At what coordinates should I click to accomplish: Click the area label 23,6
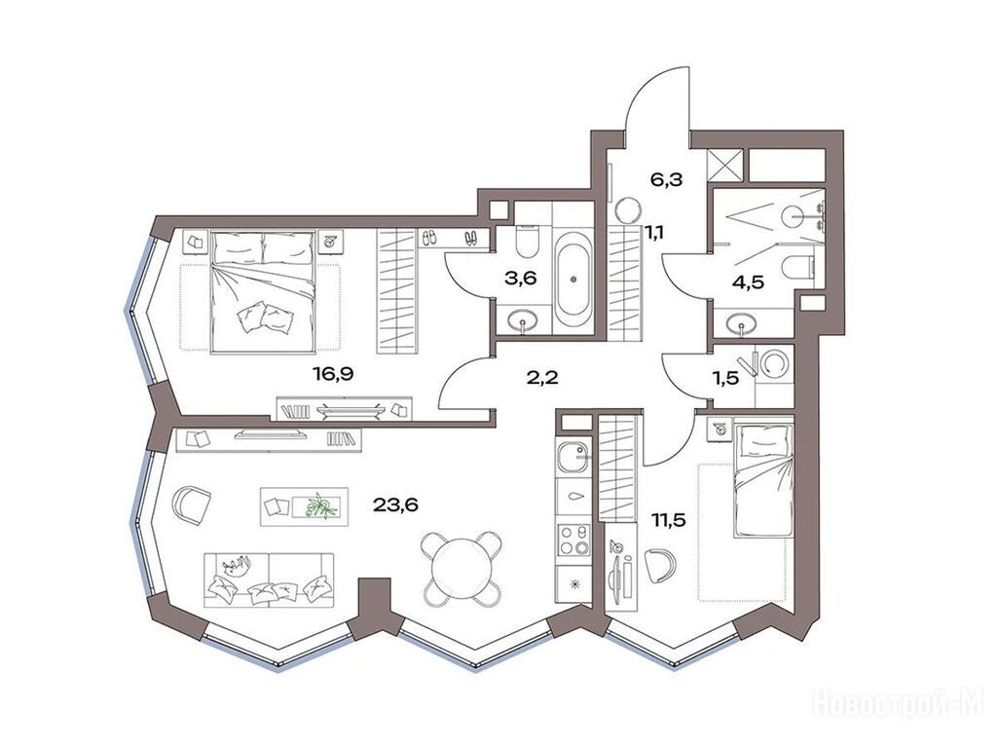[395, 506]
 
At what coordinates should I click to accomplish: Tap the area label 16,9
[332, 374]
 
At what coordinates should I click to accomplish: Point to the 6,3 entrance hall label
[665, 180]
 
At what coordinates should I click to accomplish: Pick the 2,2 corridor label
[541, 378]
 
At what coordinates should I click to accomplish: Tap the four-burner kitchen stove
[573, 540]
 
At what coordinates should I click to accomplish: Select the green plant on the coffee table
[321, 506]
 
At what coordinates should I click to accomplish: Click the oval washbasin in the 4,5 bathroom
[742, 325]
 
